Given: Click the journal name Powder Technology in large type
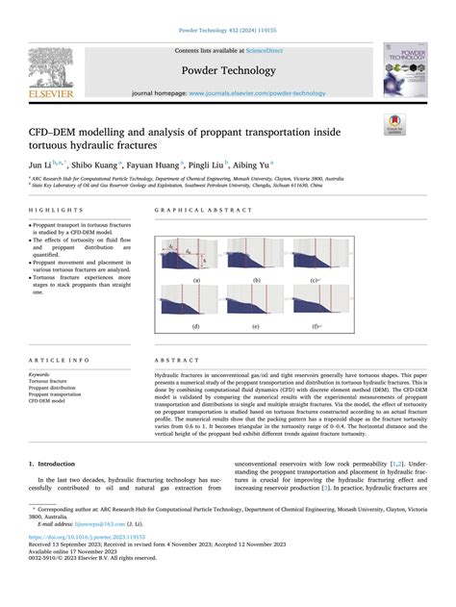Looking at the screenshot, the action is point(228,69).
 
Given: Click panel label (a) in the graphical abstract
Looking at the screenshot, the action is point(196,281).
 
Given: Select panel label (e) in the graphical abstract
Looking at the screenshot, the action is point(257,326).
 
